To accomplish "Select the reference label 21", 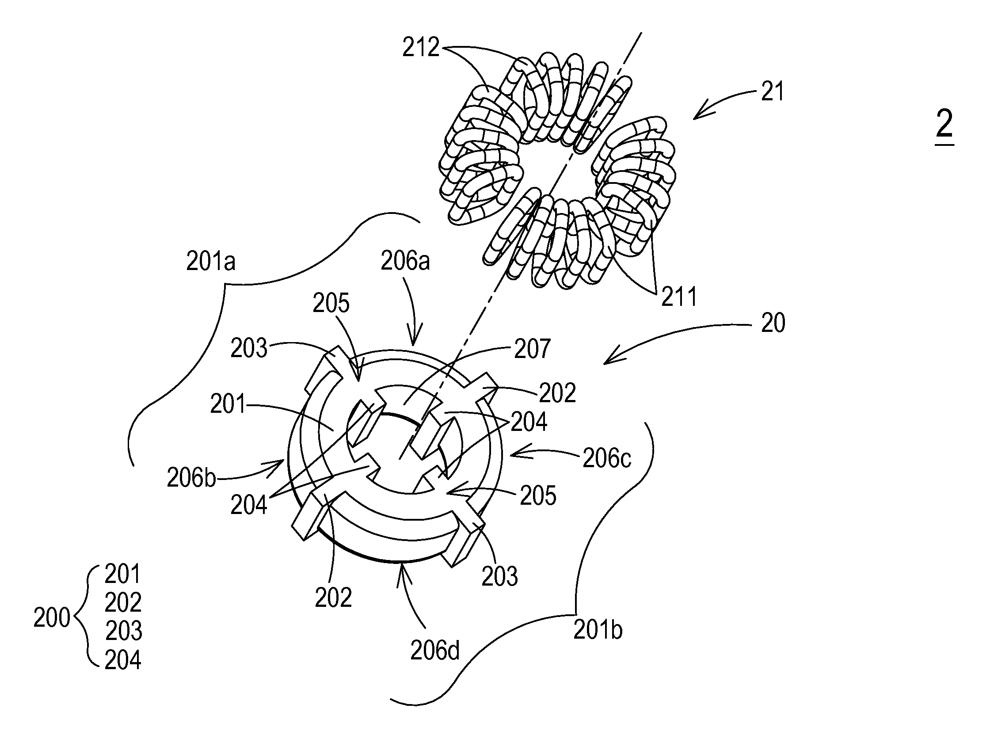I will (x=773, y=92).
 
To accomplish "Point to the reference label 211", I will (x=678, y=297).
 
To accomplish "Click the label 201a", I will (x=210, y=262).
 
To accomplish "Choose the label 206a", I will (x=405, y=261).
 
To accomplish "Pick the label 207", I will (x=532, y=349).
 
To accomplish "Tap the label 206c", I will (x=607, y=458).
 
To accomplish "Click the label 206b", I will (x=191, y=478).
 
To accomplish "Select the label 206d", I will (x=435, y=651).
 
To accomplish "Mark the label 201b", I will (x=598, y=630).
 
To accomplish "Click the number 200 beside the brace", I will (x=52, y=618).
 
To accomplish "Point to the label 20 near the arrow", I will (x=773, y=323).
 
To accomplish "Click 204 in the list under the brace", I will (x=123, y=660).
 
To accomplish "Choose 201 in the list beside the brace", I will (x=122, y=574).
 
